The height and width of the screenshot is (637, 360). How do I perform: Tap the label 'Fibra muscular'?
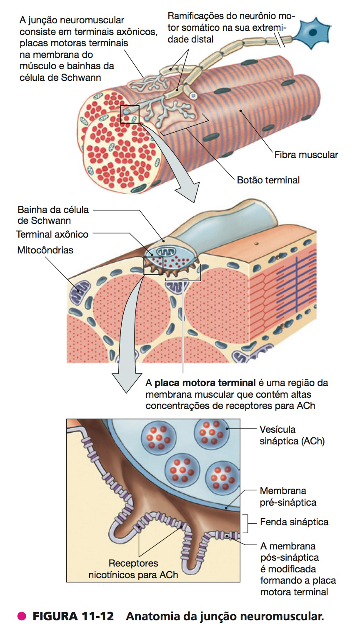pos(306,155)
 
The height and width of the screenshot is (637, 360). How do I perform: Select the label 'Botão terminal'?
pos(268,181)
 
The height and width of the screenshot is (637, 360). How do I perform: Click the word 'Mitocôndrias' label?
pos(45,250)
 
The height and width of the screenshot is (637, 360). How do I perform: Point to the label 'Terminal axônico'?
pos(52,234)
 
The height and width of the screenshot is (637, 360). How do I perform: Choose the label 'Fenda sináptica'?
pos(294,522)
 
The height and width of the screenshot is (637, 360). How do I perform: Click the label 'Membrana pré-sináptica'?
pos(287,497)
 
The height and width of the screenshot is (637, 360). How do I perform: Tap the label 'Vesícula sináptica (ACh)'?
pos(292,435)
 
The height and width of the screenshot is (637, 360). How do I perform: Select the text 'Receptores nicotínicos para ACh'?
pos(133,569)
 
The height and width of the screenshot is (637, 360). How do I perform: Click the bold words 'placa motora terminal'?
pos(205,383)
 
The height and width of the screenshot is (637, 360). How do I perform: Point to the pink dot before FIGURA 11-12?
pos(22,617)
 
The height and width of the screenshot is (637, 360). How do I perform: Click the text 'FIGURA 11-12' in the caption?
pos(73,617)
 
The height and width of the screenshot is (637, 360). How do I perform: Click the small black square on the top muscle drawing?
pos(130,114)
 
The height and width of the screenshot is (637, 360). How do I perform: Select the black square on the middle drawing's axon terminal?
pos(152,266)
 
